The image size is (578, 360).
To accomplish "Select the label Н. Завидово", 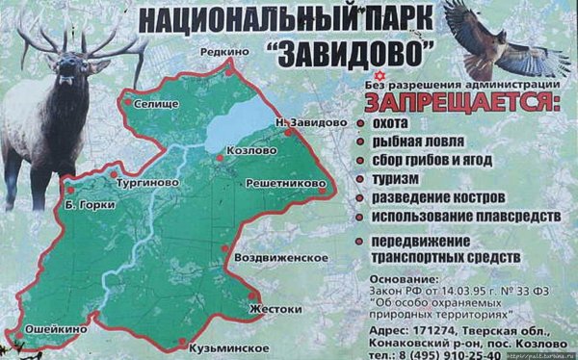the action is [x=310, y=122].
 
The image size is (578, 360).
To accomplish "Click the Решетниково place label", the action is [x=286, y=182].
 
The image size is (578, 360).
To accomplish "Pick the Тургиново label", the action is [x=142, y=182].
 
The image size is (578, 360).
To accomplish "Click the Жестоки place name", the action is [x=276, y=309].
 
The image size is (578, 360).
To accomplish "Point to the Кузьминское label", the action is [x=227, y=344].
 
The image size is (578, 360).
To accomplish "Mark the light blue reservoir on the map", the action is [x=236, y=123].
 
